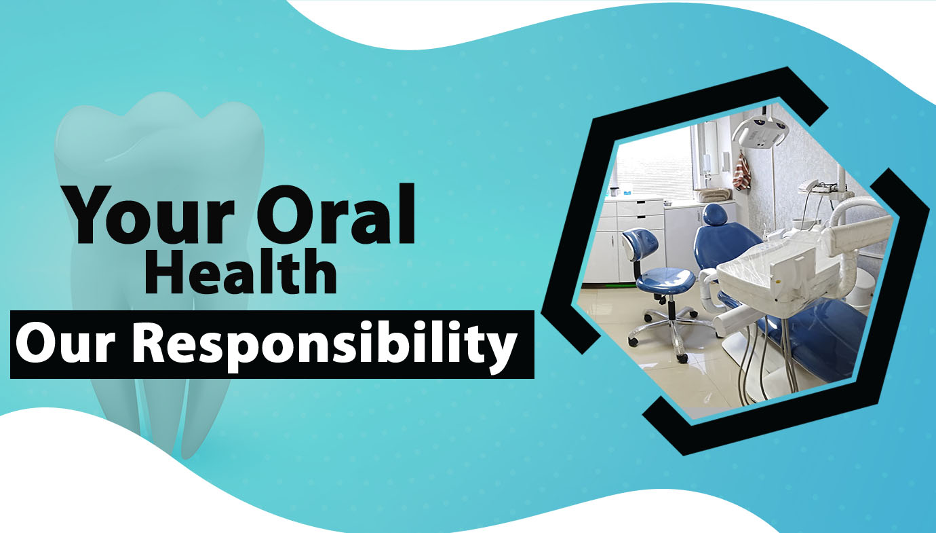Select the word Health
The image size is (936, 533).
point(241,271)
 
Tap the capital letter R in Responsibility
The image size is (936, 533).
point(149,343)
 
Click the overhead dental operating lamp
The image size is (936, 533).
point(760,131)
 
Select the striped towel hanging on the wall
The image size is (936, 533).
point(742,172)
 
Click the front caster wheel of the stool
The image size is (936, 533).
point(682,358)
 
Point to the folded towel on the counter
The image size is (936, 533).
point(713,195)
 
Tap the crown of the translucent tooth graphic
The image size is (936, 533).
point(159,138)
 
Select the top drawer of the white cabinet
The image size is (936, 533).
point(640,208)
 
